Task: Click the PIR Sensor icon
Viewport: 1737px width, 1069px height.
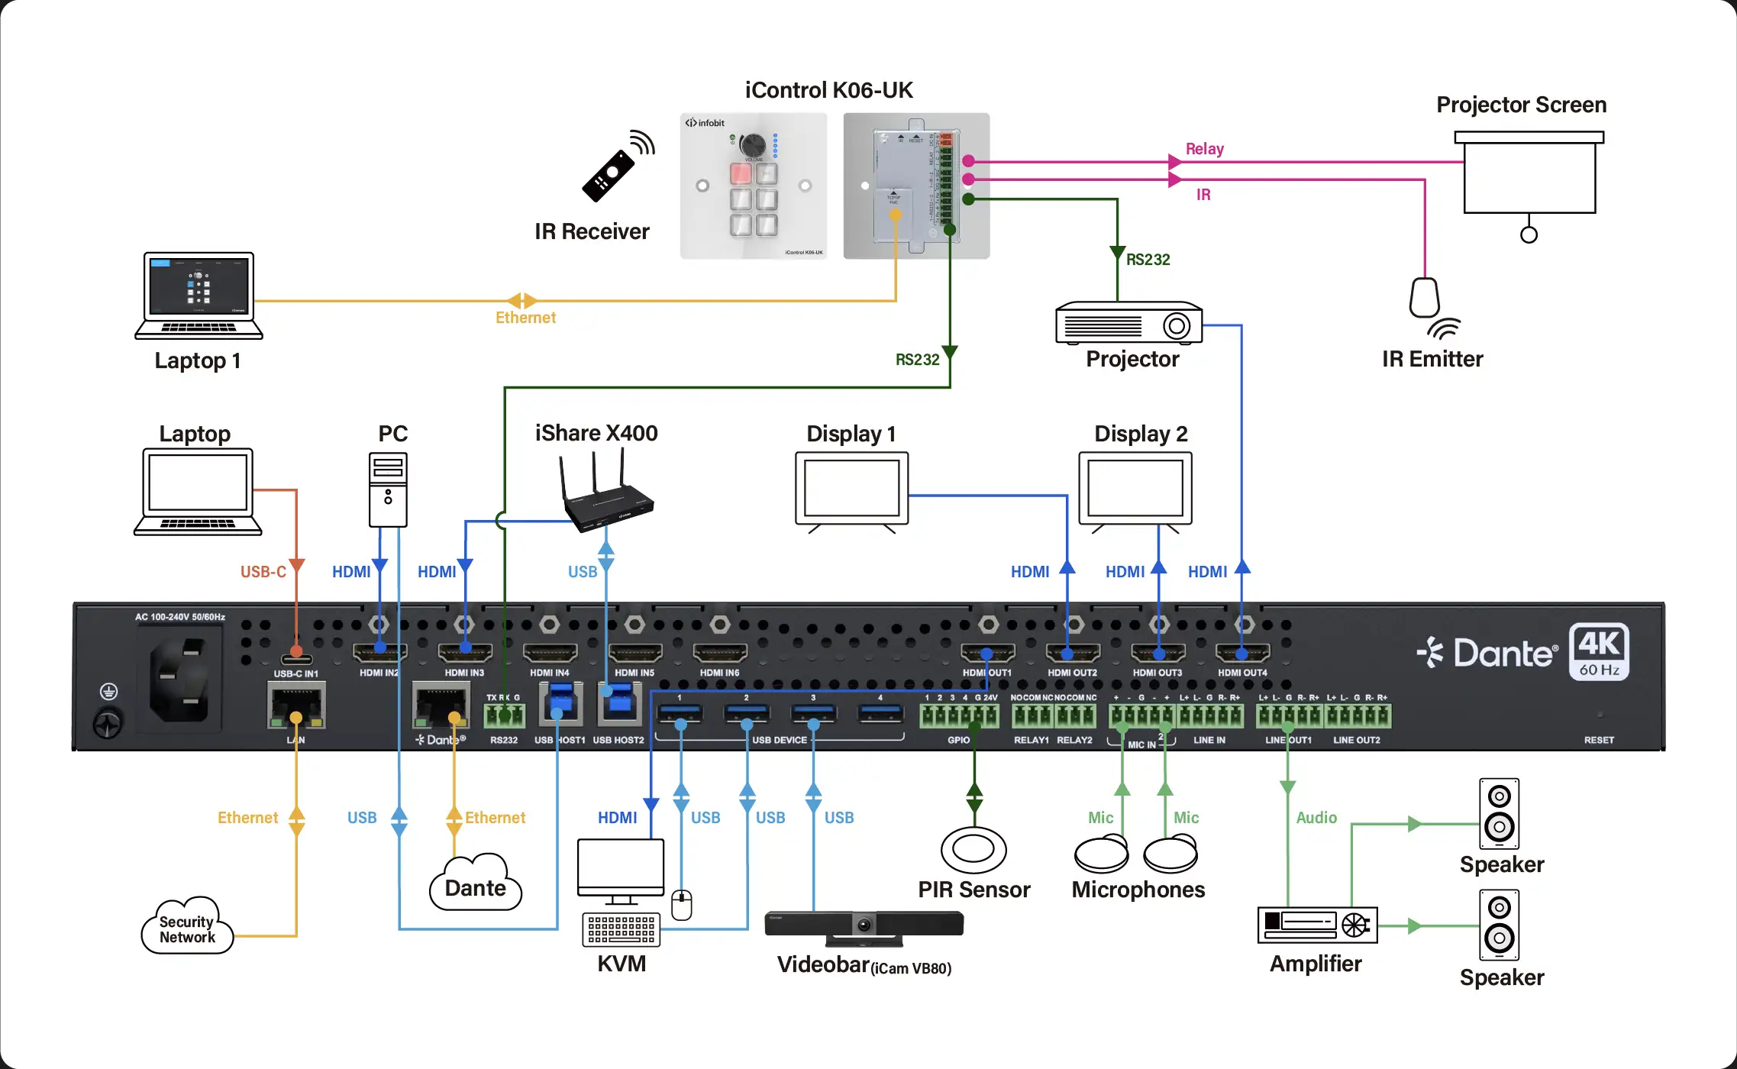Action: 973,849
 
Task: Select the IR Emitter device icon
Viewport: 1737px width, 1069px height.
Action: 1425,299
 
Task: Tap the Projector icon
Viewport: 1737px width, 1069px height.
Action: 1128,325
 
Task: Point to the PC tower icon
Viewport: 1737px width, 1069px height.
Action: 388,489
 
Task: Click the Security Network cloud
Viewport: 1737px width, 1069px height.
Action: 187,928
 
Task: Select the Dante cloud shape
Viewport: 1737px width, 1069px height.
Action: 475,886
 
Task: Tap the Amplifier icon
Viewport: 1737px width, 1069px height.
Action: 1317,925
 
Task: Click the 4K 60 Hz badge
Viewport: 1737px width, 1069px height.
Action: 1599,651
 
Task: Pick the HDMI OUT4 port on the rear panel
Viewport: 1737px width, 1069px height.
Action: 1242,654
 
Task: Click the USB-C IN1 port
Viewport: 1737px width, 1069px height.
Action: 296,659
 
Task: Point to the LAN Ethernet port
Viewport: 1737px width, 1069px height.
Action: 296,707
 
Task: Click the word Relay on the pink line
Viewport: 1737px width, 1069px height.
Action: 1204,149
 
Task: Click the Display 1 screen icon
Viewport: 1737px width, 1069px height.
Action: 851,489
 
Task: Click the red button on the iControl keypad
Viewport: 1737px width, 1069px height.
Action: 741,173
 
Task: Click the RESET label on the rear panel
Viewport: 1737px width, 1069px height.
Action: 1598,740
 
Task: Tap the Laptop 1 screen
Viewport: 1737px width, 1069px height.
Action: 199,287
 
